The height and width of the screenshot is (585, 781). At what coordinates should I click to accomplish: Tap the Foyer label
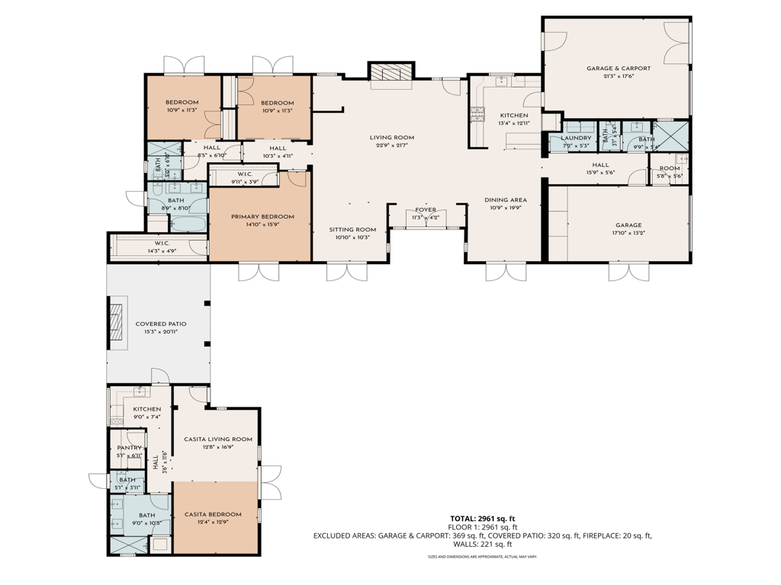(426, 210)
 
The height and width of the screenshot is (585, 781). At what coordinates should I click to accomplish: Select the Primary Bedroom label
(262, 216)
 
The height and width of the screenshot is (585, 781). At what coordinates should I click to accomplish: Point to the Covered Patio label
(161, 324)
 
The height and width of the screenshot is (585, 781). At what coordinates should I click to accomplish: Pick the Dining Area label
(506, 200)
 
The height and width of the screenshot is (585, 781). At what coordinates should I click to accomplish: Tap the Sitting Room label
(353, 229)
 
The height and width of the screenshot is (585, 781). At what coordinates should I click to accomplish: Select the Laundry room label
(576, 138)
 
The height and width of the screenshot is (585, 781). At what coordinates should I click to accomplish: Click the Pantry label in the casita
(129, 448)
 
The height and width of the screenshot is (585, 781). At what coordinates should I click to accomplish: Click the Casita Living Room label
(218, 439)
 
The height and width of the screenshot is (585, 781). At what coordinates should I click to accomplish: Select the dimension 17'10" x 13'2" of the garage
(628, 235)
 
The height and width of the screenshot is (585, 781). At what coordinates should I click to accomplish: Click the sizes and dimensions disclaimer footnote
(482, 557)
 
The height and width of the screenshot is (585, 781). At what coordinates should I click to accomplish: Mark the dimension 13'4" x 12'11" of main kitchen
(513, 123)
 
